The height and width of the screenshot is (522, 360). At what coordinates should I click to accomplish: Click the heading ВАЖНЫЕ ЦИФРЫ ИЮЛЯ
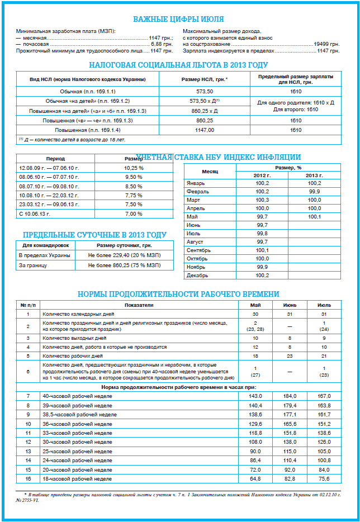click(179, 20)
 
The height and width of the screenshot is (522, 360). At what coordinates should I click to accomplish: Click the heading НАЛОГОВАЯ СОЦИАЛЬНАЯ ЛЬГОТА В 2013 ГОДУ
click(179, 65)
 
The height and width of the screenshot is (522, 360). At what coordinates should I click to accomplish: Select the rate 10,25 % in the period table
click(134, 168)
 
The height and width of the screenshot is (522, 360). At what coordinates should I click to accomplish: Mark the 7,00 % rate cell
click(134, 214)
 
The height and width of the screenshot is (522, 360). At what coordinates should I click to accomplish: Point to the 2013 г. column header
click(314, 175)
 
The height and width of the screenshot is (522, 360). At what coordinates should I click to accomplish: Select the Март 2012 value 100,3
click(262, 200)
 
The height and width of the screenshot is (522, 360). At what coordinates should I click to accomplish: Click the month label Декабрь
click(197, 275)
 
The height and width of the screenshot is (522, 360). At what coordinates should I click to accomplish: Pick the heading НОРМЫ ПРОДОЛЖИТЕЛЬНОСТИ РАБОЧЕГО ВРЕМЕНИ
click(178, 294)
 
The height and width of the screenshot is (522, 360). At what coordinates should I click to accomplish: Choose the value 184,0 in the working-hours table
click(290, 396)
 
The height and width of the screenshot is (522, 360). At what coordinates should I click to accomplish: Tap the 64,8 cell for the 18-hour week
click(255, 479)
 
